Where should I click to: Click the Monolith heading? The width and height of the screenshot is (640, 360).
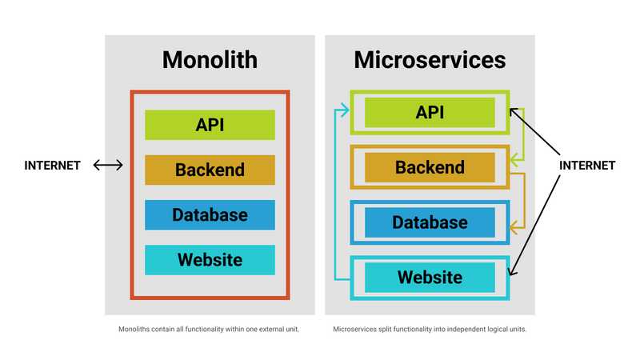[x=210, y=60]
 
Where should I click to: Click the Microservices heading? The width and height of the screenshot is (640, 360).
[x=430, y=60]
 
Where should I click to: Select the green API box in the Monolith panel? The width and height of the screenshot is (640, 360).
[x=210, y=125]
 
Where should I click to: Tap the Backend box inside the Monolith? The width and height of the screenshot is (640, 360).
[x=210, y=170]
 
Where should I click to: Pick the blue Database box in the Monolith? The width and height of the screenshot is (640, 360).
[x=210, y=214]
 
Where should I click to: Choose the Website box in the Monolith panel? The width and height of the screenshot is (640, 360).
[x=210, y=260]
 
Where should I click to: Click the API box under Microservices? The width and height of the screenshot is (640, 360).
[x=430, y=112]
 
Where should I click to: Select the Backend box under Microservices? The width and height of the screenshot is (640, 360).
[x=430, y=167]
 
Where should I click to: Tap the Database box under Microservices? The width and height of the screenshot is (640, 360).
[x=430, y=222]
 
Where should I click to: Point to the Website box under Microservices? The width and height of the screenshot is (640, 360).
[x=430, y=278]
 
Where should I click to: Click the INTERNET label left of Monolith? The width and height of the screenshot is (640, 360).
[x=53, y=166]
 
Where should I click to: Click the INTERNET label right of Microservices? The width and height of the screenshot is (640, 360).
[x=586, y=166]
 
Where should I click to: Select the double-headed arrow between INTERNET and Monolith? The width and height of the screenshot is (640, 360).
[x=108, y=166]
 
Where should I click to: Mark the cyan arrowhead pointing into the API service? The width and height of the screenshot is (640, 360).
[x=345, y=111]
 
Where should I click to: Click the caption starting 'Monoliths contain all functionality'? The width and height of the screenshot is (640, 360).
[x=209, y=330]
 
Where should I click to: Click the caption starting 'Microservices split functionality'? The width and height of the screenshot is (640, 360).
[x=430, y=330]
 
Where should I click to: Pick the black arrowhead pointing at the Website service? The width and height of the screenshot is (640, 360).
[x=513, y=273]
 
